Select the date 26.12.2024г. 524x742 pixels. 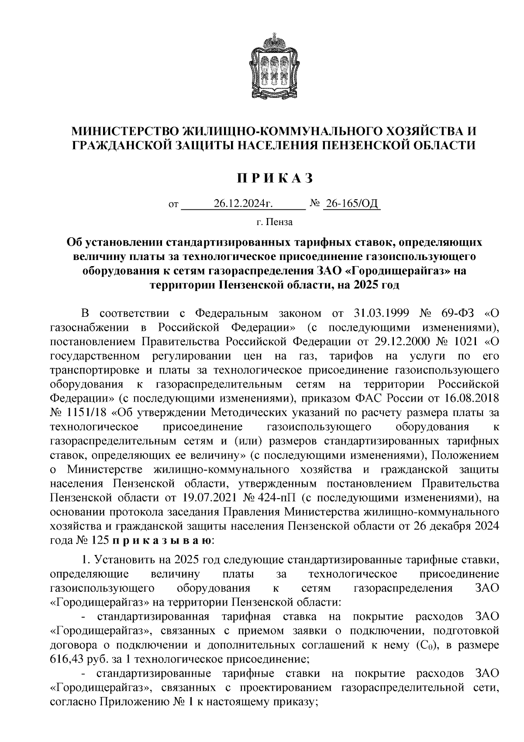click(x=243, y=204)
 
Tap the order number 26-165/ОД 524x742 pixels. click(x=351, y=204)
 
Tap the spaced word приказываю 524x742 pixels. click(x=162, y=540)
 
